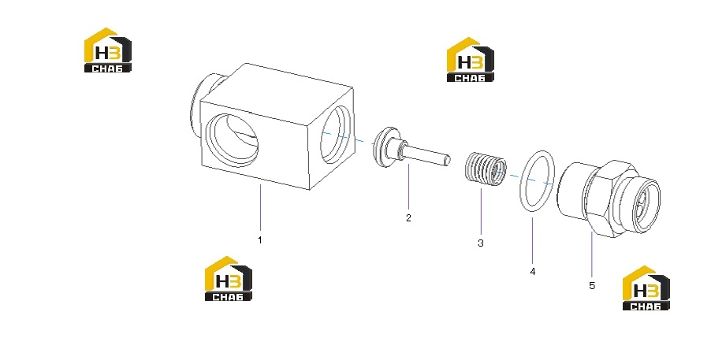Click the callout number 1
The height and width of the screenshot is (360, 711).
click(x=260, y=239)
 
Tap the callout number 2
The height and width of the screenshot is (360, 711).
click(x=408, y=218)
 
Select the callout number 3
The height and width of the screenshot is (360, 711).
click(x=481, y=243)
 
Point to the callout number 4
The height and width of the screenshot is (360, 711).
click(x=533, y=272)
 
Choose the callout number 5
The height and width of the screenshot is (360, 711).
click(x=592, y=286)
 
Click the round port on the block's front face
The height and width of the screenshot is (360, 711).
click(x=233, y=141)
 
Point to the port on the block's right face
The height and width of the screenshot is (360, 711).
click(x=336, y=134)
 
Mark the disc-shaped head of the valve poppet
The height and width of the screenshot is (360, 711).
click(x=385, y=146)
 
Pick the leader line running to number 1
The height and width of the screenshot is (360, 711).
click(x=261, y=209)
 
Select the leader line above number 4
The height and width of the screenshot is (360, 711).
click(x=533, y=241)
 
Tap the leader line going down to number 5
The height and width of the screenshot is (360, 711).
click(x=592, y=256)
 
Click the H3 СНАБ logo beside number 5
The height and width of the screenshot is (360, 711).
click(x=646, y=288)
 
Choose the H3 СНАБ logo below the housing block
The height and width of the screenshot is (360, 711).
click(x=228, y=278)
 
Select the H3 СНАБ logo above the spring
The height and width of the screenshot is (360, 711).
click(x=471, y=59)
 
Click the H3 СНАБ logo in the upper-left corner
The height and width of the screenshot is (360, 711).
click(x=108, y=50)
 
